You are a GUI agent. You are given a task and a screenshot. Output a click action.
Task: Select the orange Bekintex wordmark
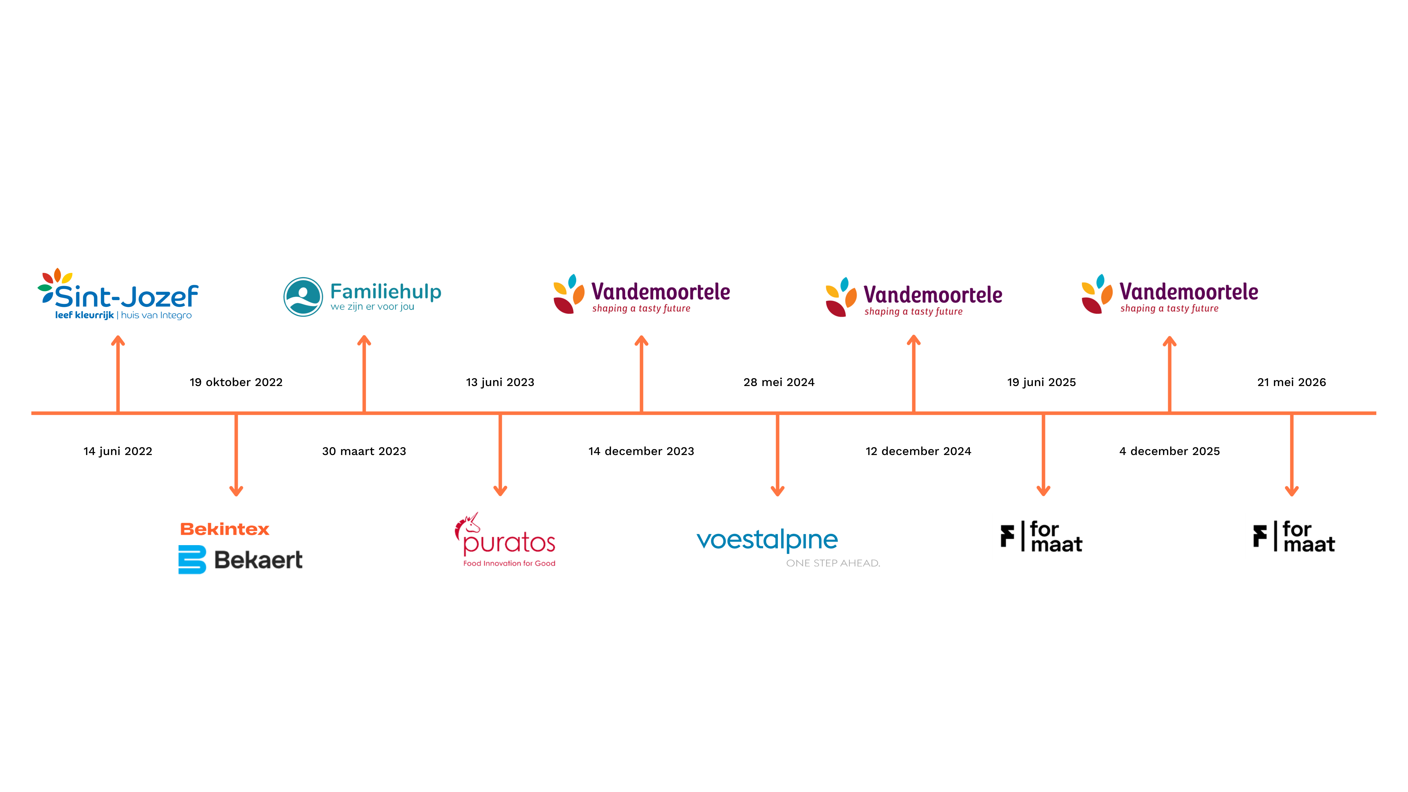click(225, 529)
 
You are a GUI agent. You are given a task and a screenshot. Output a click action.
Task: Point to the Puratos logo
click(505, 540)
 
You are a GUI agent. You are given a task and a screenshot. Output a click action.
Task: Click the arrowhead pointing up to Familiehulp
click(364, 340)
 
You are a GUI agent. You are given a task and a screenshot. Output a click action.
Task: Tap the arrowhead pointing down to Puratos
click(500, 491)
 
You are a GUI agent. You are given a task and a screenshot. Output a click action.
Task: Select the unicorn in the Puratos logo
click(467, 524)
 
